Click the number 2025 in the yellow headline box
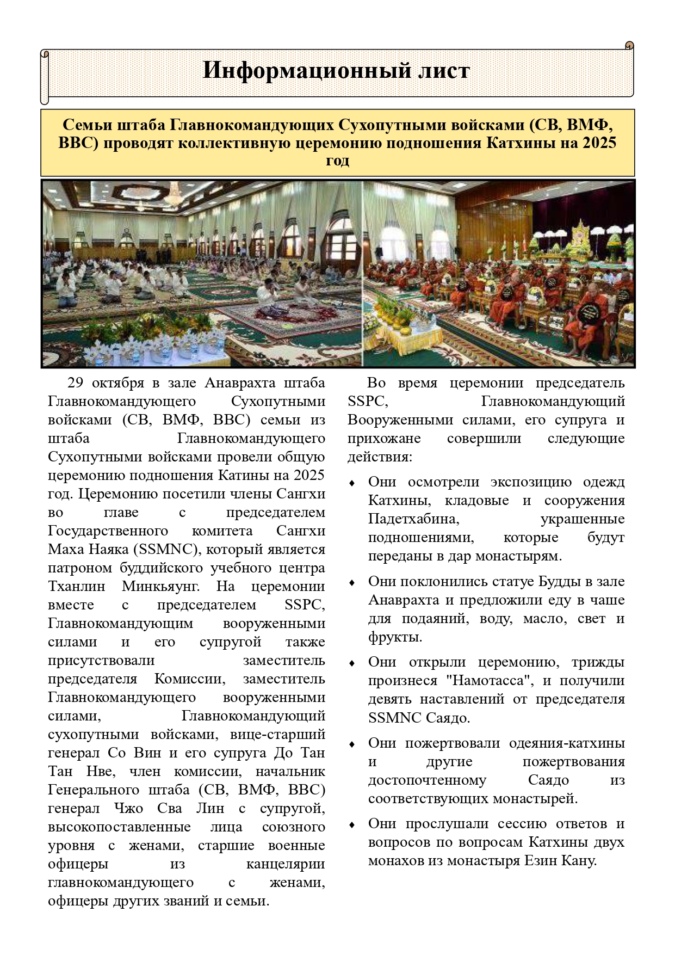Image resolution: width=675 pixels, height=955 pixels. [599, 143]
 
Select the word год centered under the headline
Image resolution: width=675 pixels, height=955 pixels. [337, 161]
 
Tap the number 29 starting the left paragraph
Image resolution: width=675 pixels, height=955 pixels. [76, 383]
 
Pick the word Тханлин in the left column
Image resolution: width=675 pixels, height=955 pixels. [77, 586]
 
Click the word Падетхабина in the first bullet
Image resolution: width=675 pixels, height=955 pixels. [413, 519]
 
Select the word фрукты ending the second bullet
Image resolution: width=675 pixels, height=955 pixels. [395, 637]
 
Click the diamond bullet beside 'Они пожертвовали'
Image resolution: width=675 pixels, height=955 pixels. [352, 744]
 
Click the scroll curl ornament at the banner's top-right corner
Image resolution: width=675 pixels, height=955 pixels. [629, 46]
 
